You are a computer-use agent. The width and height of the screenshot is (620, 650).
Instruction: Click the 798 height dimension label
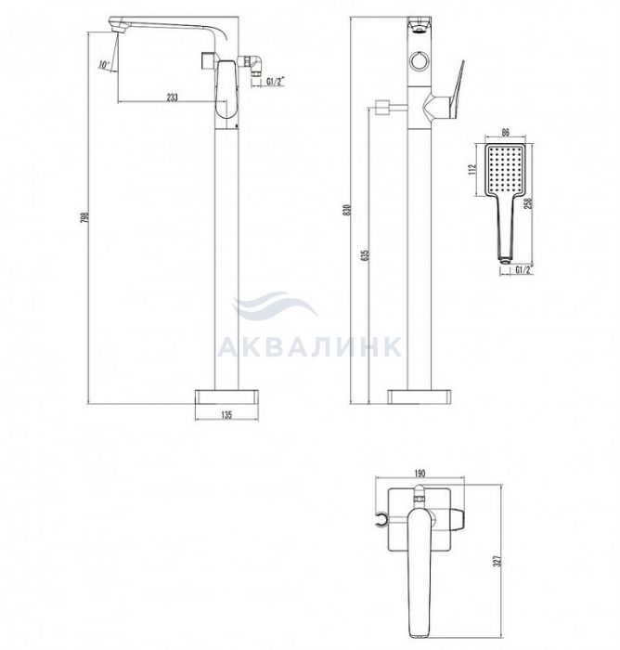[84, 217]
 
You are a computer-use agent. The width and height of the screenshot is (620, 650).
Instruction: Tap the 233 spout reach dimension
[172, 97]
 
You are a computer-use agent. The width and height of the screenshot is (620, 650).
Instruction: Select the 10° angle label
[104, 65]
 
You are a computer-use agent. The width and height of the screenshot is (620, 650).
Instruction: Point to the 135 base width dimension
[226, 414]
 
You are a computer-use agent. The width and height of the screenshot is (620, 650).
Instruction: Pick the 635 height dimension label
[365, 255]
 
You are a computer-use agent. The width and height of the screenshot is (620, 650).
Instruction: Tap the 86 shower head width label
[506, 133]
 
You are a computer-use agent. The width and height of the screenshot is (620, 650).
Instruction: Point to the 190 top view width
[420, 474]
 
